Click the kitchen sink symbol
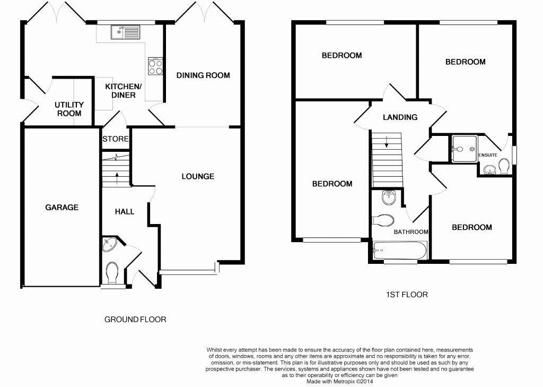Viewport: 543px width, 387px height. click(x=125, y=32)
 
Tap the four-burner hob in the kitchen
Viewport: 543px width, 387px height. click(x=155, y=66)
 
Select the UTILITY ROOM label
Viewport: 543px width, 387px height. click(x=69, y=109)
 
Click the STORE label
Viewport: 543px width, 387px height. click(x=116, y=139)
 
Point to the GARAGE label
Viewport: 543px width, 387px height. click(x=62, y=208)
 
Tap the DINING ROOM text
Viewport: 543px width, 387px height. click(x=203, y=75)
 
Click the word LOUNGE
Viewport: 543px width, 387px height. click(x=198, y=176)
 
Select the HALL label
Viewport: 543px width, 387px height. click(x=125, y=211)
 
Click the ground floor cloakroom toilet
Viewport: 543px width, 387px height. click(x=112, y=272)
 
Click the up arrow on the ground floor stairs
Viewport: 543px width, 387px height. click(x=117, y=178)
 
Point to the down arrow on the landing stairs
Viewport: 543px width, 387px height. click(x=387, y=142)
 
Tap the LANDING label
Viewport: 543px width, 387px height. click(x=400, y=117)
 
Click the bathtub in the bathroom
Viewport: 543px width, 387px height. click(x=400, y=250)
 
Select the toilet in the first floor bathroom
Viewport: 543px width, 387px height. click(x=383, y=220)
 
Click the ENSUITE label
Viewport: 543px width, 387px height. click(x=488, y=155)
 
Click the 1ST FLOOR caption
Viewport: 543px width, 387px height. click(x=407, y=295)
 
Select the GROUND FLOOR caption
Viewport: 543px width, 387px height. click(x=135, y=320)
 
